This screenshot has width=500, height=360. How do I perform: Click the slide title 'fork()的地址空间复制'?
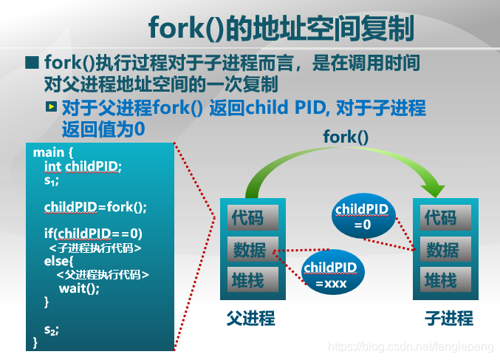pos(281,28)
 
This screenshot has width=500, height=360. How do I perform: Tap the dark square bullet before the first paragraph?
pos(32,63)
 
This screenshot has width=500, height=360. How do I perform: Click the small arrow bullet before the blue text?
pos(52,106)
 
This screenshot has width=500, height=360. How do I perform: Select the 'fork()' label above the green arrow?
pos(346,137)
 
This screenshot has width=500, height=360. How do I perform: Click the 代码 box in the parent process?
pos(253,217)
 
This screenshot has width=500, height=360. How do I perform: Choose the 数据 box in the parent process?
pos(253,249)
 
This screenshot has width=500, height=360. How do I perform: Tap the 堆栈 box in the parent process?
pos(253,279)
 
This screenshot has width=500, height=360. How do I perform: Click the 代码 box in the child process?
pos(445,217)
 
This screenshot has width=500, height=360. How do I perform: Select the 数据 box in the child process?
pos(445,249)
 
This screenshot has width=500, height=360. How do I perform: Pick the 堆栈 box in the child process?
pos(445,279)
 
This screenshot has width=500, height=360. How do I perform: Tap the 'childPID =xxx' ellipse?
pos(332,272)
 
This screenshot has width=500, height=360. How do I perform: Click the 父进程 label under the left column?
pos(250,318)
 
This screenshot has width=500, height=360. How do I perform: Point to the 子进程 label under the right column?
pos(449,318)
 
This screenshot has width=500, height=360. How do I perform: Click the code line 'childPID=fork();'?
pos(95,207)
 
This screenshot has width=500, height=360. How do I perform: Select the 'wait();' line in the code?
pos(79,288)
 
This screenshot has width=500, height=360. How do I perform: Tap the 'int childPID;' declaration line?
pos(83,166)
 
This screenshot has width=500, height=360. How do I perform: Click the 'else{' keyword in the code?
pos(58,261)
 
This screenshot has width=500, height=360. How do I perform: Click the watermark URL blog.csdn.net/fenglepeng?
pos(411,347)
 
